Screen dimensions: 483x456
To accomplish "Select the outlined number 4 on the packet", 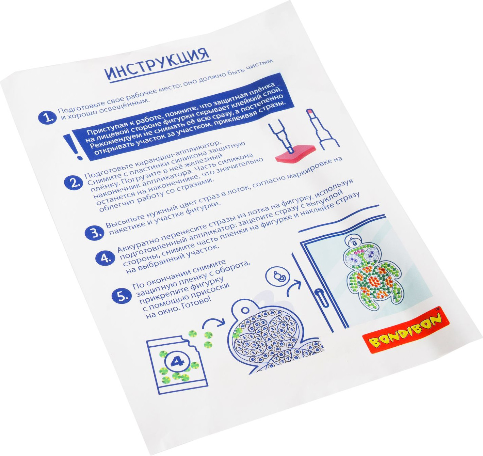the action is tap(177, 362).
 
